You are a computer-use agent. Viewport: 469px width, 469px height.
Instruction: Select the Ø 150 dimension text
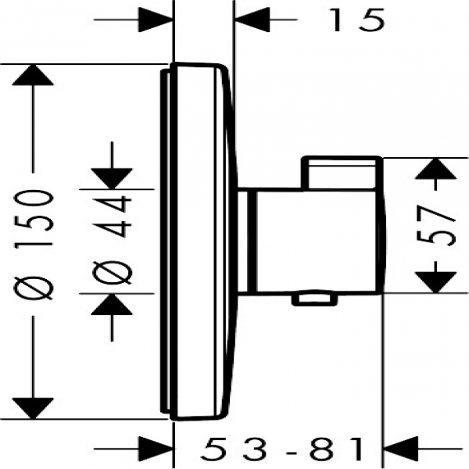coord(34,245)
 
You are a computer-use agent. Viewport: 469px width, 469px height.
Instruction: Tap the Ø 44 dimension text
coord(112,240)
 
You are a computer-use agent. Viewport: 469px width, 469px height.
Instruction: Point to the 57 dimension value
coord(435,226)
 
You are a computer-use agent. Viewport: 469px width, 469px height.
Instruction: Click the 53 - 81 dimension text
coord(283,449)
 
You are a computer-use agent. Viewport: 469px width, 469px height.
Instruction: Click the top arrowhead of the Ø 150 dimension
coord(33,75)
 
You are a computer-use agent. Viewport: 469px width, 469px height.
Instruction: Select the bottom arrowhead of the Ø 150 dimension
coord(33,408)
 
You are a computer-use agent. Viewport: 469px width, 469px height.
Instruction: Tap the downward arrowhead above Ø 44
coord(112,179)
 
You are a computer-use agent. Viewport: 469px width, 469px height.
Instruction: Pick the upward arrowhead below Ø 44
coord(112,304)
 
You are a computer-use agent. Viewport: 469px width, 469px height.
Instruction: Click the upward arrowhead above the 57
coord(436,168)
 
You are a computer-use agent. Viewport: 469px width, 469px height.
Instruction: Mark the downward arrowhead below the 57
coord(436,283)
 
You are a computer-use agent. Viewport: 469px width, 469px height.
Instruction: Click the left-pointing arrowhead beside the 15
coord(252,20)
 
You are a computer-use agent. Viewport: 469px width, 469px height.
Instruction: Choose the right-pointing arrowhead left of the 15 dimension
coord(156,20)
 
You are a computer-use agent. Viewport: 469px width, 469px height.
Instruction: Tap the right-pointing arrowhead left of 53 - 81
coord(156,449)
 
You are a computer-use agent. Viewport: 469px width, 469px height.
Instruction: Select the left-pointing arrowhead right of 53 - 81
coord(401,449)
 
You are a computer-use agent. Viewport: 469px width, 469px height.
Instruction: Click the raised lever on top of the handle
coord(342,173)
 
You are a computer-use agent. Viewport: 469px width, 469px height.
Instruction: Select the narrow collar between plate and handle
coord(246,241)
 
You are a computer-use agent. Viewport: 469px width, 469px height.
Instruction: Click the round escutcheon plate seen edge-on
coord(199,241)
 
